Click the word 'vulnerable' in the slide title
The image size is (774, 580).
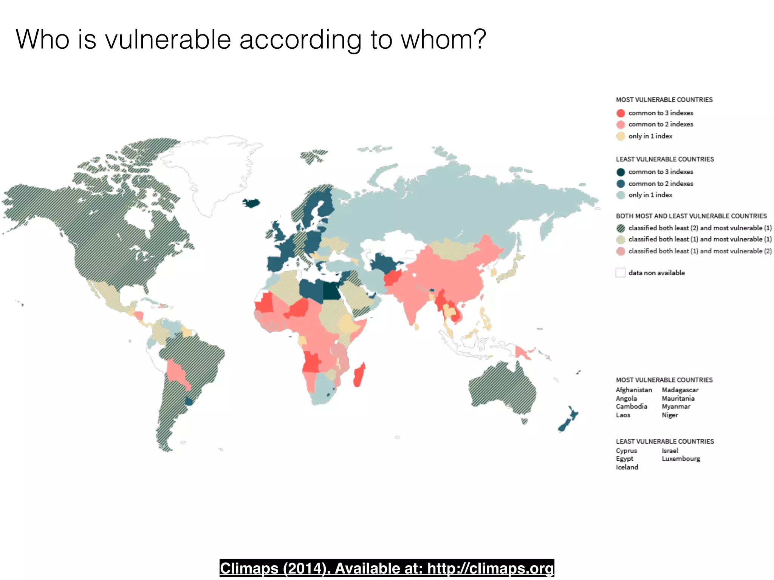tap(168, 39)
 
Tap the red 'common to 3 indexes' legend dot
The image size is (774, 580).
tap(621, 113)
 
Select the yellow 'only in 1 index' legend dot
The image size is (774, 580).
tap(621, 136)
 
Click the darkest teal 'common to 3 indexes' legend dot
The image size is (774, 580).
tap(621, 172)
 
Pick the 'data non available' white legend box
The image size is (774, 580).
tap(620, 273)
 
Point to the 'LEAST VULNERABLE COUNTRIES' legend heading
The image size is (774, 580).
tap(665, 159)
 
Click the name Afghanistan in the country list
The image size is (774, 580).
tap(634, 390)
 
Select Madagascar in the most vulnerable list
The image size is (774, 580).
tap(680, 390)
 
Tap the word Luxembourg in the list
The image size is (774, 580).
tap(681, 459)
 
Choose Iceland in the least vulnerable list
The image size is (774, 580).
tap(627, 467)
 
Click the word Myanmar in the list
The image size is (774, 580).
tap(676, 406)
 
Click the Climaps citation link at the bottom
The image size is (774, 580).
tap(387, 568)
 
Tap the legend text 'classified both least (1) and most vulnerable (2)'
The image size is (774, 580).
tap(700, 251)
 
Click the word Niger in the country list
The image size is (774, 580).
tap(670, 415)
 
